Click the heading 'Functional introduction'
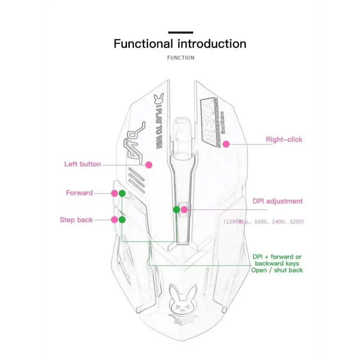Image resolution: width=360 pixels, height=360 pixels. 180,44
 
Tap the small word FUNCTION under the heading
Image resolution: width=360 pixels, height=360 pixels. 181,58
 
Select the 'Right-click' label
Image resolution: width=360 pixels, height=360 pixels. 284,139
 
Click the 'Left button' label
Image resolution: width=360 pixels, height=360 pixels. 82,164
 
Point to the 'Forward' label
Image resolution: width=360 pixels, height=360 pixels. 79,193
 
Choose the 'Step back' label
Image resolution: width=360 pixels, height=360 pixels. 76,220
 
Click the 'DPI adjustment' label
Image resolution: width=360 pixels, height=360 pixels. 278,201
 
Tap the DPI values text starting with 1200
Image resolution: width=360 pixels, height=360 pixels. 264,222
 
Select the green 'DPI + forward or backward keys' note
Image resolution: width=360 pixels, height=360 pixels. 277,264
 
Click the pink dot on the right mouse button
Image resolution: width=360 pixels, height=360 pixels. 226,144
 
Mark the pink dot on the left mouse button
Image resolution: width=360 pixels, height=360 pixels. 149,165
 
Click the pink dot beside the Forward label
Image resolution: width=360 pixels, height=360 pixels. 114,193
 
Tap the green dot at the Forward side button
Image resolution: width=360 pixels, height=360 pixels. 122,193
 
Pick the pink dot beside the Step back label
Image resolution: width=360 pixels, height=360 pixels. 114,220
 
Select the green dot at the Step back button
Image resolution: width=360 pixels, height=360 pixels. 122,220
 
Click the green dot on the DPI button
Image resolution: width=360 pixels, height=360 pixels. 176,210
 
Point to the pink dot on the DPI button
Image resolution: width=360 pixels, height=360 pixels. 184,210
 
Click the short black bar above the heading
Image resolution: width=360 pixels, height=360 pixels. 180,33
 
